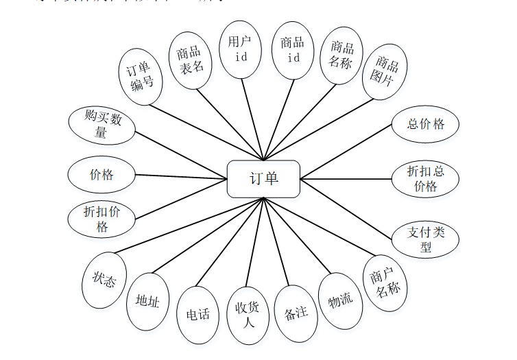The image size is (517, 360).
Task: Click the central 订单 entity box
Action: tap(263, 178)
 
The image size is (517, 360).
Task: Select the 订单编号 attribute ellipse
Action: tap(141, 77)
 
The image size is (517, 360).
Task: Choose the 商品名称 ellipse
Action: tap(341, 56)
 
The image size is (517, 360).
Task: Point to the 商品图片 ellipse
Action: tap(385, 72)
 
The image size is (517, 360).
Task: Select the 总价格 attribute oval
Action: tap(425, 124)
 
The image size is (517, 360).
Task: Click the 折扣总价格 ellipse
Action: tap(425, 178)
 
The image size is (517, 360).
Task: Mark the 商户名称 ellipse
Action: tap(385, 283)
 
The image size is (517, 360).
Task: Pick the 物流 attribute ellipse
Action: tap(340, 300)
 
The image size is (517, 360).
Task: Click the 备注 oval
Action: tap(296, 313)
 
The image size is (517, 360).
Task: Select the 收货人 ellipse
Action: tap(247, 315)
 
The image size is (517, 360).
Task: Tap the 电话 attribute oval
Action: tap(198, 315)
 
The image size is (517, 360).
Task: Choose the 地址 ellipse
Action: tap(147, 301)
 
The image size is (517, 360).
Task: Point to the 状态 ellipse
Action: tap(104, 280)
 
